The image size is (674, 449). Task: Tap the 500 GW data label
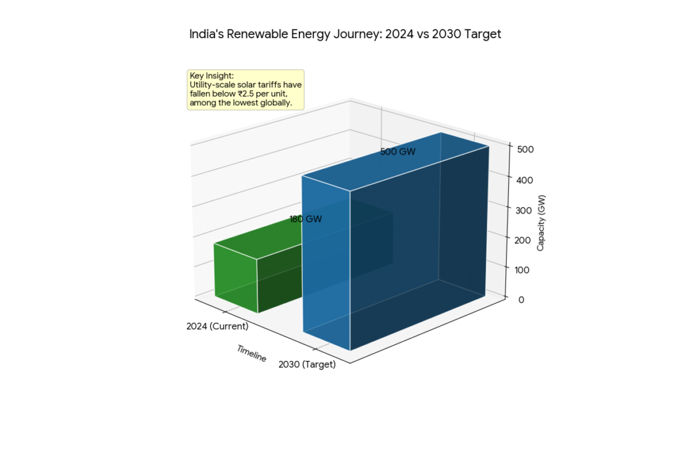tap(398, 152)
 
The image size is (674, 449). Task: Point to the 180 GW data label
tap(306, 220)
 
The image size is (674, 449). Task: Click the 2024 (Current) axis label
tap(217, 326)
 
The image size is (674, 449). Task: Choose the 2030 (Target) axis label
tap(307, 365)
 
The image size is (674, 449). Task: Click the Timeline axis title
tap(252, 353)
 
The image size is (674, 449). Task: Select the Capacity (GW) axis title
tap(540, 224)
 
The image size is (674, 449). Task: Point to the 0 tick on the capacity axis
tap(521, 300)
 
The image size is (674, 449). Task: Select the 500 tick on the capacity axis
tap(525, 149)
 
